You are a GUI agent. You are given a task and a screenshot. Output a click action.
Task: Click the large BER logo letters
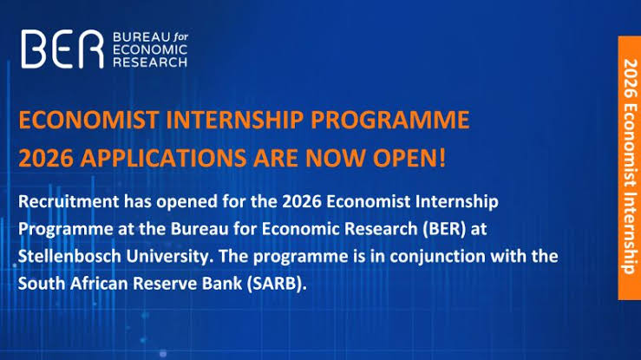[x=62, y=49]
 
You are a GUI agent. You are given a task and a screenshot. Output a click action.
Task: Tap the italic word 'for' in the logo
[x=180, y=37]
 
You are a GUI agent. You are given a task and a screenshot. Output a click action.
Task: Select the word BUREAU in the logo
[x=142, y=37]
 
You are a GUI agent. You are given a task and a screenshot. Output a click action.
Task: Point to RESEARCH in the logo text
[x=150, y=62]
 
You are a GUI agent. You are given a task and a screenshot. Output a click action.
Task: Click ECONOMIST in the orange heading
[x=88, y=120]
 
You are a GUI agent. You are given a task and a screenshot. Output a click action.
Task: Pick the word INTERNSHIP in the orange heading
[x=235, y=120]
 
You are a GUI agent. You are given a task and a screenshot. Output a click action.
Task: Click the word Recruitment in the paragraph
[x=69, y=201]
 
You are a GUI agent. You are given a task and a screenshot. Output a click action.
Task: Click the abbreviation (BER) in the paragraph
[x=444, y=229]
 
